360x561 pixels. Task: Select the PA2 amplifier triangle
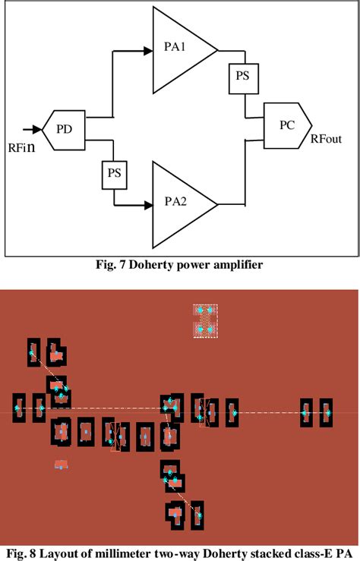[178, 203]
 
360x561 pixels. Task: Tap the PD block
[65, 128]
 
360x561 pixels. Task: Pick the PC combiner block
[285, 124]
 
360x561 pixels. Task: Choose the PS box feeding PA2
[115, 174]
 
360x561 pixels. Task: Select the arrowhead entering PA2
[148, 203]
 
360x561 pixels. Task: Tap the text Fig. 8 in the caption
[22, 551]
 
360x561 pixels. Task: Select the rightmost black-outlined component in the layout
[326, 412]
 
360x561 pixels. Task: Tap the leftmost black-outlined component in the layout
[19, 408]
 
